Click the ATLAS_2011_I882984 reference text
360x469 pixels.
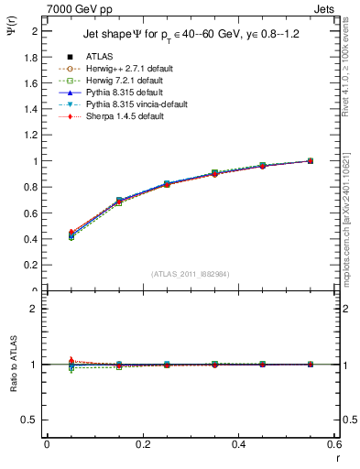tap(191, 274)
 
